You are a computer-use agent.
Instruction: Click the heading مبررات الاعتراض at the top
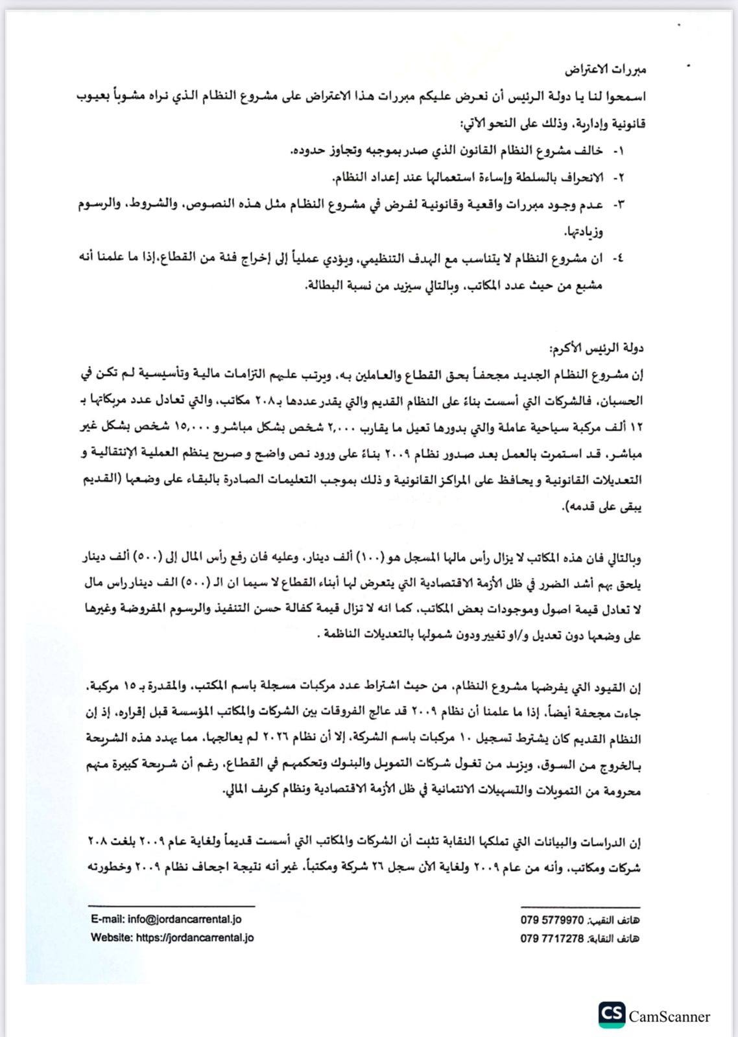point(605,69)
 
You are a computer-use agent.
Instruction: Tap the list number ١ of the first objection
point(618,151)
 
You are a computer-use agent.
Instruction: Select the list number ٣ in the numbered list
point(618,205)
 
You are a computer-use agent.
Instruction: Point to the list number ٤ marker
point(618,259)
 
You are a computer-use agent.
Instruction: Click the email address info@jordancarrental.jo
point(166,919)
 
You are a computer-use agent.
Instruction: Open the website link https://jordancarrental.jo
point(172,937)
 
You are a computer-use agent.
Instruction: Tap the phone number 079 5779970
point(552,920)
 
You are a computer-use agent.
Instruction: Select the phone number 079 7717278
point(552,938)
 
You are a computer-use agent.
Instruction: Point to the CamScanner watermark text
point(669,1017)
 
